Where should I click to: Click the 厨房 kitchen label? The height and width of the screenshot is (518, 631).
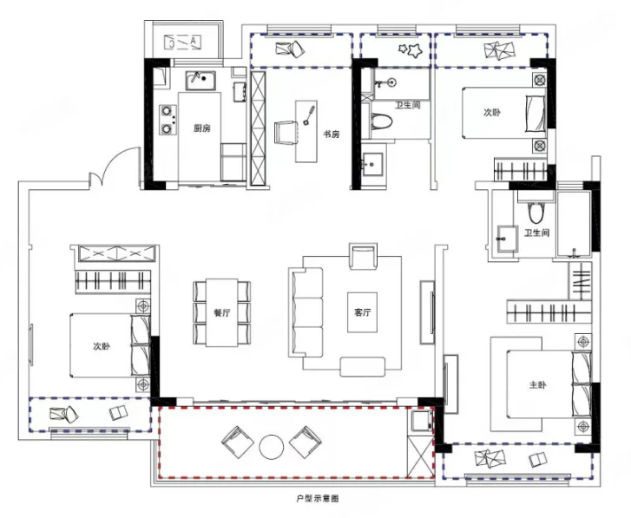pyautogui.click(x=202, y=128)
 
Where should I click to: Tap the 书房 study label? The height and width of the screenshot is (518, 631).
pyautogui.click(x=332, y=134)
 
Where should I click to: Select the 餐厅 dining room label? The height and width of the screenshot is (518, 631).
pyautogui.click(x=222, y=313)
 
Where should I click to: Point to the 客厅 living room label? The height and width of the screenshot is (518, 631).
pyautogui.click(x=363, y=312)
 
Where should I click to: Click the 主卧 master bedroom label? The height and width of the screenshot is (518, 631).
pyautogui.click(x=538, y=385)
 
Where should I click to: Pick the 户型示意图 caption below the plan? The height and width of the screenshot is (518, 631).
pyautogui.click(x=318, y=499)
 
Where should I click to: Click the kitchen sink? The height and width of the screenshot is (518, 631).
pyautogui.click(x=200, y=81)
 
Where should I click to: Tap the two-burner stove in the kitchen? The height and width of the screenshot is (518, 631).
pyautogui.click(x=168, y=119)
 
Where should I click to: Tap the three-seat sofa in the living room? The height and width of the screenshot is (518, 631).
pyautogui.click(x=306, y=312)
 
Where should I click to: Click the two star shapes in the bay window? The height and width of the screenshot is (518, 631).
pyautogui.click(x=410, y=49)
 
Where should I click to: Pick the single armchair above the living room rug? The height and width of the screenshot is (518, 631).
pyautogui.click(x=364, y=256)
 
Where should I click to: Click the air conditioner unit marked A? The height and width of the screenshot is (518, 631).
pyautogui.click(x=182, y=43)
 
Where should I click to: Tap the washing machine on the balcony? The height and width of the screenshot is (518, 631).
pyautogui.click(x=421, y=421)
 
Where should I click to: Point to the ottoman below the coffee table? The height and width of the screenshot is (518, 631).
pyautogui.click(x=363, y=366)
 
